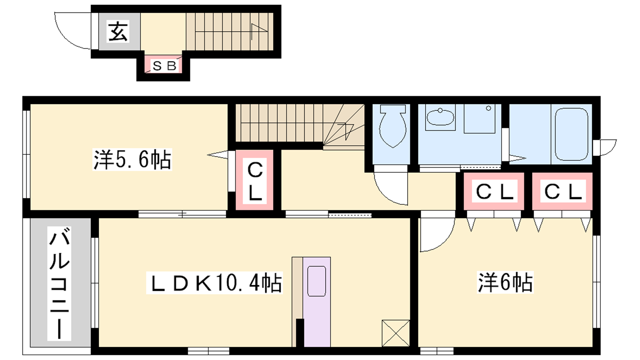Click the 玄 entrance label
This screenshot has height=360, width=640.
tap(118, 32)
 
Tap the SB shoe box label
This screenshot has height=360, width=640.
tap(164, 66)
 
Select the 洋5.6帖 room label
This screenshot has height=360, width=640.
tap(132, 160)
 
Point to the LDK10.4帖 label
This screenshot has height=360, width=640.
tap(214, 282)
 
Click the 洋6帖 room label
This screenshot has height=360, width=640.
tap(505, 282)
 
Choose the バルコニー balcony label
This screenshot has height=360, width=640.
tap(59, 284)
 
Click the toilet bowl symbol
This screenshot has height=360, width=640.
tap(393, 126)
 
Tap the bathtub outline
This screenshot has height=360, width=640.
tap(572, 134)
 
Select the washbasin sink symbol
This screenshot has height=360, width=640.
tap(440, 117)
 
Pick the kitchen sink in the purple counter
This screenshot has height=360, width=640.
tap(316, 281)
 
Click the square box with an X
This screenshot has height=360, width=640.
tap(396, 333)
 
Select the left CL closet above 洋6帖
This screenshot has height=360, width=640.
tap(494, 191)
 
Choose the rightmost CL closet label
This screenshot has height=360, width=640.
tap(563, 191)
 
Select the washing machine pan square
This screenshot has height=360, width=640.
tap(480, 118)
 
